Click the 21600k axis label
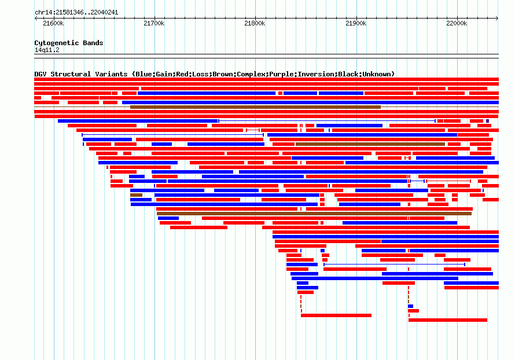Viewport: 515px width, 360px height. click(x=53, y=23)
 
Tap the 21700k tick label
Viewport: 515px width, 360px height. click(x=154, y=23)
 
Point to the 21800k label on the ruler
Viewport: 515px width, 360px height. click(x=255, y=23)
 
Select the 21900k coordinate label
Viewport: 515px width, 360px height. click(x=356, y=23)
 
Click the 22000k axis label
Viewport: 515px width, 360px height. click(x=457, y=23)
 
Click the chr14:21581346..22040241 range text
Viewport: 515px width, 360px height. click(x=76, y=13)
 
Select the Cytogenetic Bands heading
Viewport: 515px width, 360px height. click(x=69, y=43)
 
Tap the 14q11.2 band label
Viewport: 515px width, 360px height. click(x=47, y=50)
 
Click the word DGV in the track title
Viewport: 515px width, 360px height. click(x=41, y=74)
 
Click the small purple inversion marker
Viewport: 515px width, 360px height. click(x=487, y=121)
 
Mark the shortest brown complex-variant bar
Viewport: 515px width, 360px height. click(x=137, y=195)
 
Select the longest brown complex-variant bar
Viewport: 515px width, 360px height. click(x=314, y=214)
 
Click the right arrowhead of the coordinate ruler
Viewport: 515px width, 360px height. click(x=497, y=19)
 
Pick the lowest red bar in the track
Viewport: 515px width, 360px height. click(x=448, y=320)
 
